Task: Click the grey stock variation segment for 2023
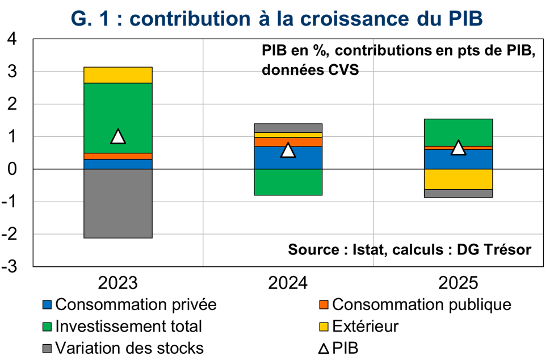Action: pyautogui.click(x=117, y=203)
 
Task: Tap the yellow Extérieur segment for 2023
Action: pyautogui.click(x=117, y=75)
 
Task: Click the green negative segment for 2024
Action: pyautogui.click(x=288, y=182)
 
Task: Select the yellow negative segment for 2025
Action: pyautogui.click(x=458, y=179)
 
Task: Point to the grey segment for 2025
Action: pyautogui.click(x=458, y=194)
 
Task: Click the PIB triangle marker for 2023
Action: pyautogui.click(x=117, y=136)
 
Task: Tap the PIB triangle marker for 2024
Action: pyautogui.click(x=288, y=150)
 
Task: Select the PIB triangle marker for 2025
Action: pyautogui.click(x=458, y=148)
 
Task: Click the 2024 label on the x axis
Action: pyautogui.click(x=288, y=282)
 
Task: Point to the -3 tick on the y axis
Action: pyautogui.click(x=12, y=267)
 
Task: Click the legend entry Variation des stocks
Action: pyautogui.click(x=129, y=348)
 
